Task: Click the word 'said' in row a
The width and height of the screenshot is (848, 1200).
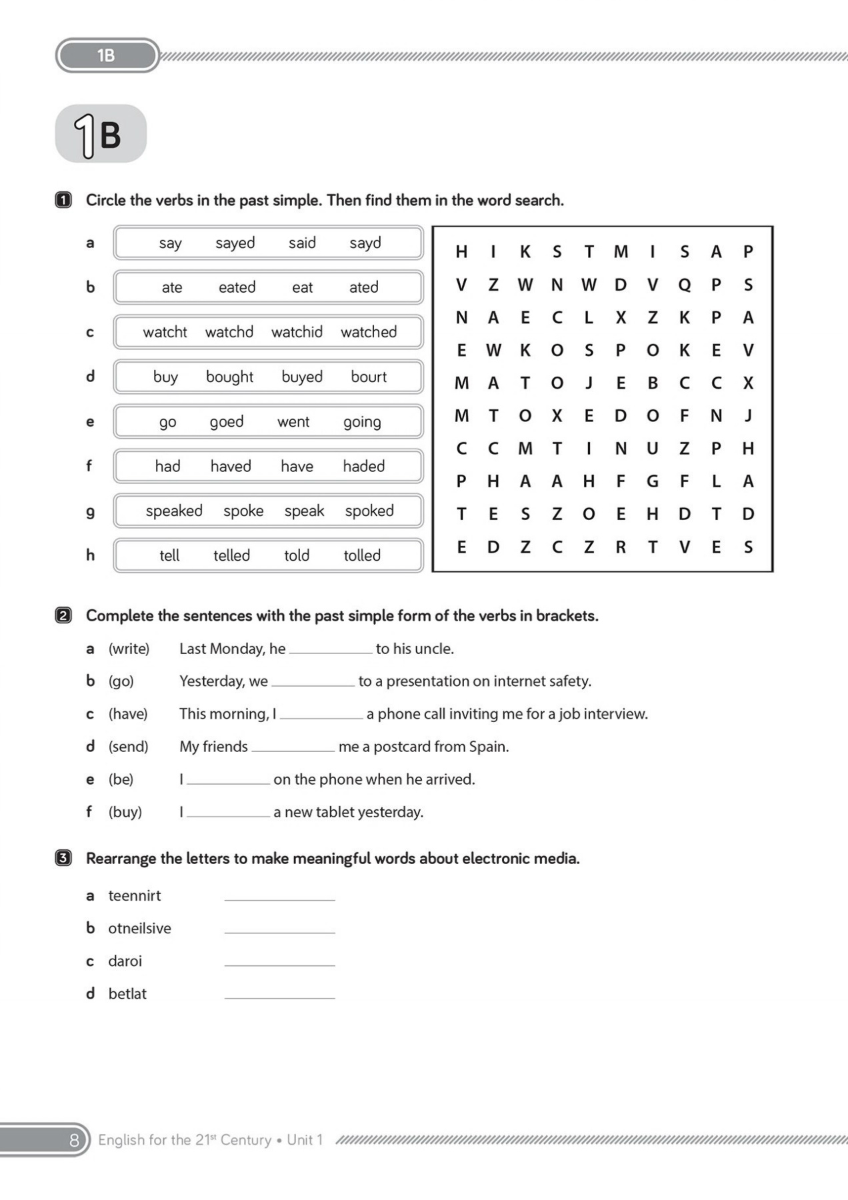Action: pyautogui.click(x=302, y=243)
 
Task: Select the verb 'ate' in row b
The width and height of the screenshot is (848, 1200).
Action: pyautogui.click(x=172, y=287)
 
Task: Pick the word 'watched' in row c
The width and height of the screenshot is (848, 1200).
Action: pyautogui.click(x=369, y=332)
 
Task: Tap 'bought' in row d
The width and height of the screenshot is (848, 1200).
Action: pyautogui.click(x=229, y=377)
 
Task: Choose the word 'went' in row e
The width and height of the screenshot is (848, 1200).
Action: pyautogui.click(x=293, y=421)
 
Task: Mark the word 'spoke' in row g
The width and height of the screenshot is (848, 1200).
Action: pyautogui.click(x=243, y=511)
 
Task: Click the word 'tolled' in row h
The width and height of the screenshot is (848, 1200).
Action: pyautogui.click(x=362, y=555)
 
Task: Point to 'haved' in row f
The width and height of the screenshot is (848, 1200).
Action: pyautogui.click(x=231, y=466)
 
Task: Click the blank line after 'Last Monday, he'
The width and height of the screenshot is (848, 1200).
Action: pyautogui.click(x=331, y=649)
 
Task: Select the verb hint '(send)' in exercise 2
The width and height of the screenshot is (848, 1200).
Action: pyautogui.click(x=129, y=747)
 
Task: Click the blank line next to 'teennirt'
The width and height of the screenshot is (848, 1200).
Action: pyautogui.click(x=280, y=896)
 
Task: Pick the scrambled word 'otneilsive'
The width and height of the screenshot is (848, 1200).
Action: pyautogui.click(x=140, y=928)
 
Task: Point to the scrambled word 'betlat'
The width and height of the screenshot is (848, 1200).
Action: pyautogui.click(x=127, y=993)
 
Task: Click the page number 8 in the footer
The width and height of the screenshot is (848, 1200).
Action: pyautogui.click(x=74, y=1140)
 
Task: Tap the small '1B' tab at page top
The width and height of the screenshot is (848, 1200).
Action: pyautogui.click(x=107, y=55)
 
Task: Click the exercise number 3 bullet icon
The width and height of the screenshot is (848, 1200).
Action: pyautogui.click(x=63, y=858)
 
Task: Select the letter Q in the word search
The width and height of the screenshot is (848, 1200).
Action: pyautogui.click(x=684, y=285)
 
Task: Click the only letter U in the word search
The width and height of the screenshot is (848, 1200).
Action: pyautogui.click(x=652, y=449)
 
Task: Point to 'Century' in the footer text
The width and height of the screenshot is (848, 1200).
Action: pyautogui.click(x=246, y=1140)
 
